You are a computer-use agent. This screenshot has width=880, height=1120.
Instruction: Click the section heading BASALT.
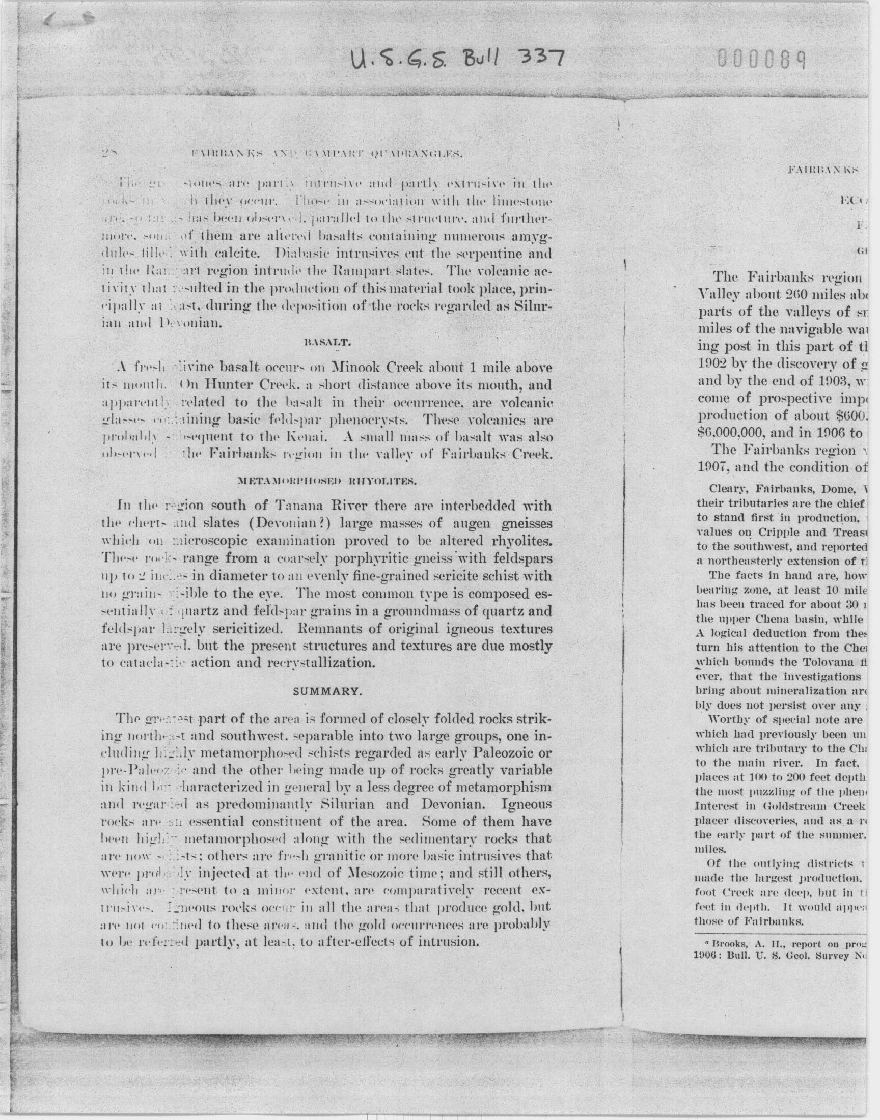click(327, 342)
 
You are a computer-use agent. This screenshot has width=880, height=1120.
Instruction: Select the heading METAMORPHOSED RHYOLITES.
click(326, 481)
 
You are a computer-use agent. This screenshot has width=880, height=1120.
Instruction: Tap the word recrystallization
click(320, 663)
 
